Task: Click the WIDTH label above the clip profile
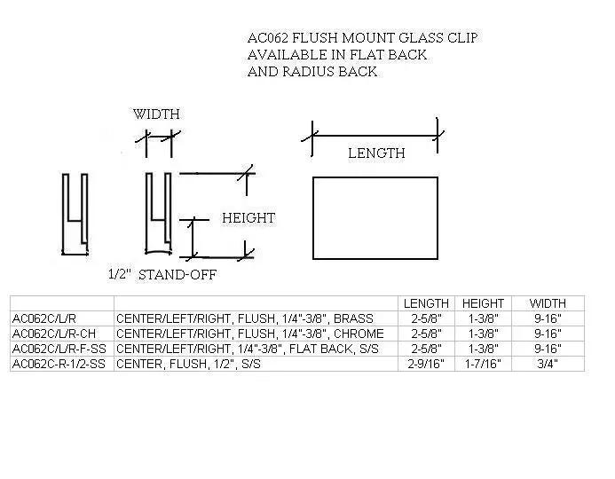tap(156, 114)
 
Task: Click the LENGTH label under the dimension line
tap(376, 153)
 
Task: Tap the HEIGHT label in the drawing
tap(248, 218)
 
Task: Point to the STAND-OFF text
tap(177, 275)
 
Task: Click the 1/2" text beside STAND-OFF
tap(119, 274)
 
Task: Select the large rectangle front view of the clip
tap(375, 218)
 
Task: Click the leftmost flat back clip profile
tap(75, 214)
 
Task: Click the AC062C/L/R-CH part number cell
tap(54, 334)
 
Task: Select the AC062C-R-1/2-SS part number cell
tap(59, 364)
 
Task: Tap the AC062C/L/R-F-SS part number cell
tap(59, 349)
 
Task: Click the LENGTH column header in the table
tap(426, 303)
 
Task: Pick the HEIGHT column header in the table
tap(483, 303)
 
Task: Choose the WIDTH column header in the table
tap(548, 303)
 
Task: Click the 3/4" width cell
tap(548, 364)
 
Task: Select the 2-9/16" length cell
tap(426, 364)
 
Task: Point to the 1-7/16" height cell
tap(483, 364)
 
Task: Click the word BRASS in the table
tap(353, 318)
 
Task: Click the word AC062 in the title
tap(268, 38)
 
